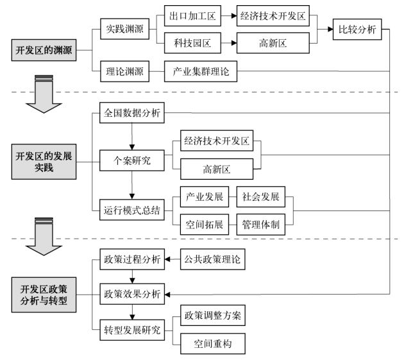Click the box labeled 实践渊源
tap(124, 29)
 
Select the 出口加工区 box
tap(192, 16)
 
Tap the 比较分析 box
tap(357, 30)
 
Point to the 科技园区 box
tap(192, 43)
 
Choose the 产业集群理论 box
tap(200, 71)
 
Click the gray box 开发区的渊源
tap(44, 50)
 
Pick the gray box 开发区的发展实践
tap(44, 162)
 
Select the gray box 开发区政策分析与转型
tap(44, 295)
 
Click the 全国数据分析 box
tap(131, 113)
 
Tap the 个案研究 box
tap(131, 160)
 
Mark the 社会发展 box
tap(261, 196)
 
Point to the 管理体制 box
tap(261, 225)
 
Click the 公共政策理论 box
tap(212, 259)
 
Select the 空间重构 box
tap(212, 344)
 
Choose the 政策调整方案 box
tap(212, 315)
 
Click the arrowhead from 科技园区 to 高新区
tap(234, 43)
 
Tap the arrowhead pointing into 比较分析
tap(330, 30)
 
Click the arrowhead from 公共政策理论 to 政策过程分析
tap(167, 259)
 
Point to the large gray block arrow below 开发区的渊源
tap(44, 94)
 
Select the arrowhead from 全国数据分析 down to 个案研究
tap(131, 147)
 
